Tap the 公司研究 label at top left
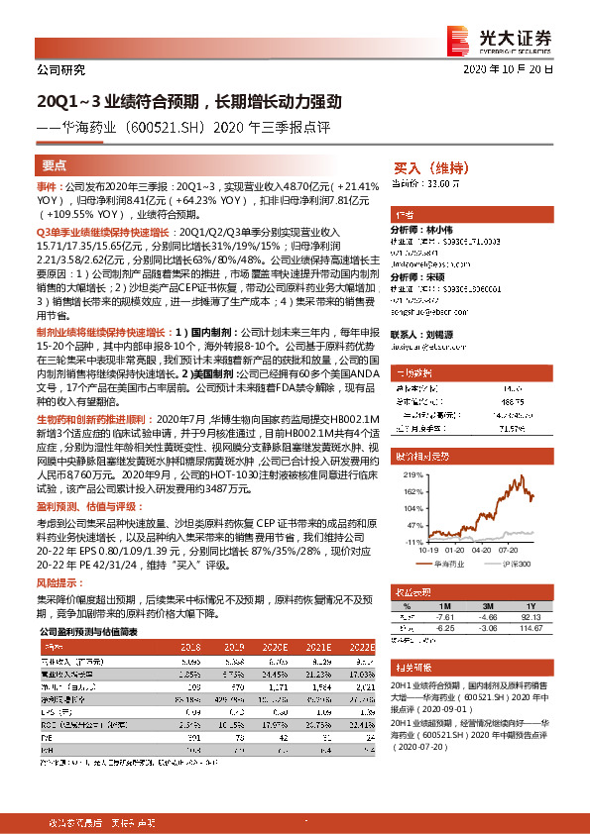click(60, 70)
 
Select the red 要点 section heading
click(55, 165)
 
